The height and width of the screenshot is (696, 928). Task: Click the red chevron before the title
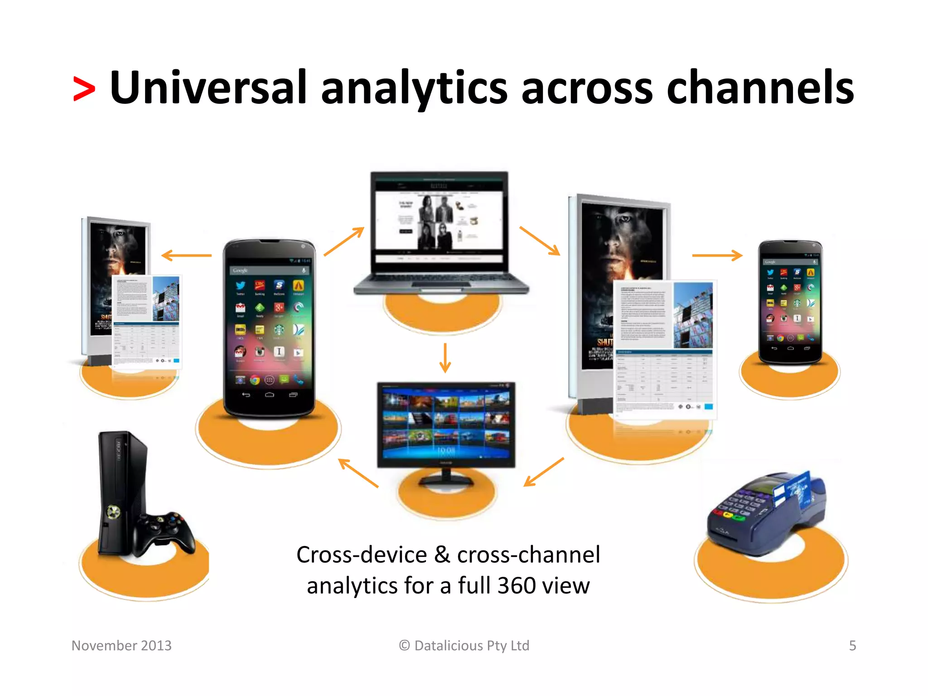pos(84,89)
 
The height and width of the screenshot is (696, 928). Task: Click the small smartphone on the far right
pos(790,301)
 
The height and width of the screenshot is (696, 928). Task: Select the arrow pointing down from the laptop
pos(445,358)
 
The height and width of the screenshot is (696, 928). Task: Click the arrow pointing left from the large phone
pos(186,256)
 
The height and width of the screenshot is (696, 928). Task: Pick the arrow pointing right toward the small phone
pos(717,256)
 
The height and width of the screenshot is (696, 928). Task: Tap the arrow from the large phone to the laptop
pos(344,242)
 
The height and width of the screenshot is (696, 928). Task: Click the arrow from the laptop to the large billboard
pos(540,241)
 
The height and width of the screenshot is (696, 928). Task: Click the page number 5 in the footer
pos(852,645)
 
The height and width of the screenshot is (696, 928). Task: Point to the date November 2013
pos(121,645)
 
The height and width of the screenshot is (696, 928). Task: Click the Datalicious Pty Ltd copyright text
pos(464,645)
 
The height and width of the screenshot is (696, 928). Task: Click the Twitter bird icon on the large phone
pos(240,285)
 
